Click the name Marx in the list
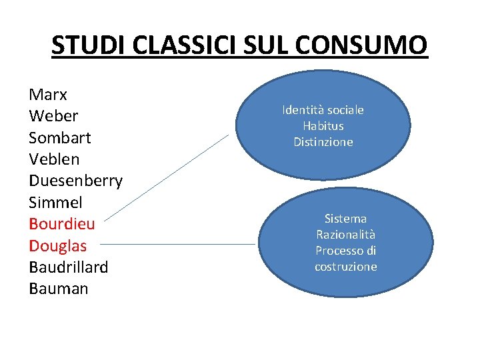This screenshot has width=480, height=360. (x=48, y=94)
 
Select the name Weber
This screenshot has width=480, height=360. (x=53, y=116)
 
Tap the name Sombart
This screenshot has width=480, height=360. (x=60, y=137)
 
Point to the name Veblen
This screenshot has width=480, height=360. (x=54, y=159)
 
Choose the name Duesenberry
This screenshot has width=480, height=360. (x=76, y=181)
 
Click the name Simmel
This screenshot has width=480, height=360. (x=55, y=202)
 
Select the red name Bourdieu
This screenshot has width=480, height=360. (x=62, y=224)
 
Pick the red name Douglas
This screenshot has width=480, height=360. (x=58, y=245)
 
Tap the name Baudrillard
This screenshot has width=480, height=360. (x=69, y=267)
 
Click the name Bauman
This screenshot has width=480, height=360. (x=59, y=289)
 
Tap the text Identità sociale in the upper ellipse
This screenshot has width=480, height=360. (x=323, y=110)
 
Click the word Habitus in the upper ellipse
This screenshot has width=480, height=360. (x=323, y=126)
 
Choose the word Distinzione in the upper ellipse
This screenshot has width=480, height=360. (x=323, y=142)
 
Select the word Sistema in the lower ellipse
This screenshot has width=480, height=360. (x=345, y=219)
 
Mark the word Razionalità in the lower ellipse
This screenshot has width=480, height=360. (x=345, y=235)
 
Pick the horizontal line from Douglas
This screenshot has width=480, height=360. (x=180, y=245)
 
